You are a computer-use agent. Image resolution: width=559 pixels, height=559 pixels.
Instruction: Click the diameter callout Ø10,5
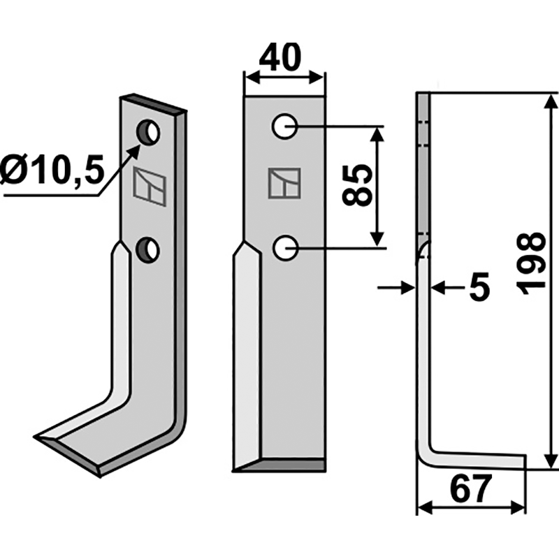pyautogui.click(x=52, y=170)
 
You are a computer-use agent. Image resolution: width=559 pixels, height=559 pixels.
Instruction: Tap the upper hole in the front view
pyautogui.click(x=284, y=126)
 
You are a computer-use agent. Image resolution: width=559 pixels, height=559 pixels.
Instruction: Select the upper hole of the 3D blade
pyautogui.click(x=148, y=131)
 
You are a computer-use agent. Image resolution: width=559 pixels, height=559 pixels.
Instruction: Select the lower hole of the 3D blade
pyautogui.click(x=147, y=249)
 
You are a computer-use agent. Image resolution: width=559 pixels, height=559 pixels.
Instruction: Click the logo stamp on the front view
pyautogui.click(x=284, y=183)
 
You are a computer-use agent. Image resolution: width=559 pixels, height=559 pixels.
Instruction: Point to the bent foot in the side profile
pyautogui.click(x=475, y=459)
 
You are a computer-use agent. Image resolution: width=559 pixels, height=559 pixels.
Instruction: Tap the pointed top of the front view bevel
pyautogui.click(x=245, y=243)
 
